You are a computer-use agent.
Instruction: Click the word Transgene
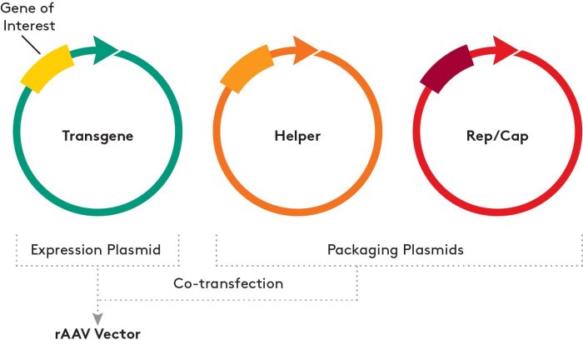97,135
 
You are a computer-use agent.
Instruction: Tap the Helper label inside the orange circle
297,135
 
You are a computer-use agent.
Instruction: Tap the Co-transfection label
228,283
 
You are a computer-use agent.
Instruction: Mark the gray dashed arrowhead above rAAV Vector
99,317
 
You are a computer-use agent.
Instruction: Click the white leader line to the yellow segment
33,43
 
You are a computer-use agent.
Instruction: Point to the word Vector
117,334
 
